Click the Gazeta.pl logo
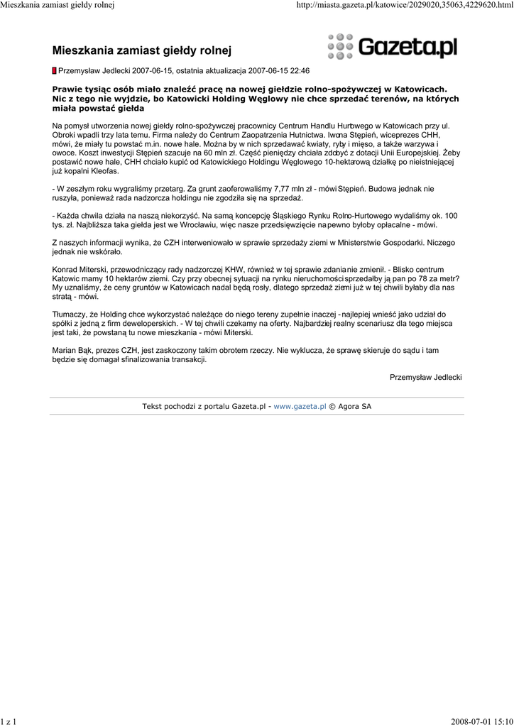(392, 47)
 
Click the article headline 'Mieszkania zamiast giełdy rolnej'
(142, 50)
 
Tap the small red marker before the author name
(55, 71)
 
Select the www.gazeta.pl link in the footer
(300, 406)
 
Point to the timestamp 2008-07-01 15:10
(481, 721)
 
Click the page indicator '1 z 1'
(9, 721)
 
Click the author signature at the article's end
(426, 376)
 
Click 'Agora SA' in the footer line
(354, 406)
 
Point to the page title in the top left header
(58, 6)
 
